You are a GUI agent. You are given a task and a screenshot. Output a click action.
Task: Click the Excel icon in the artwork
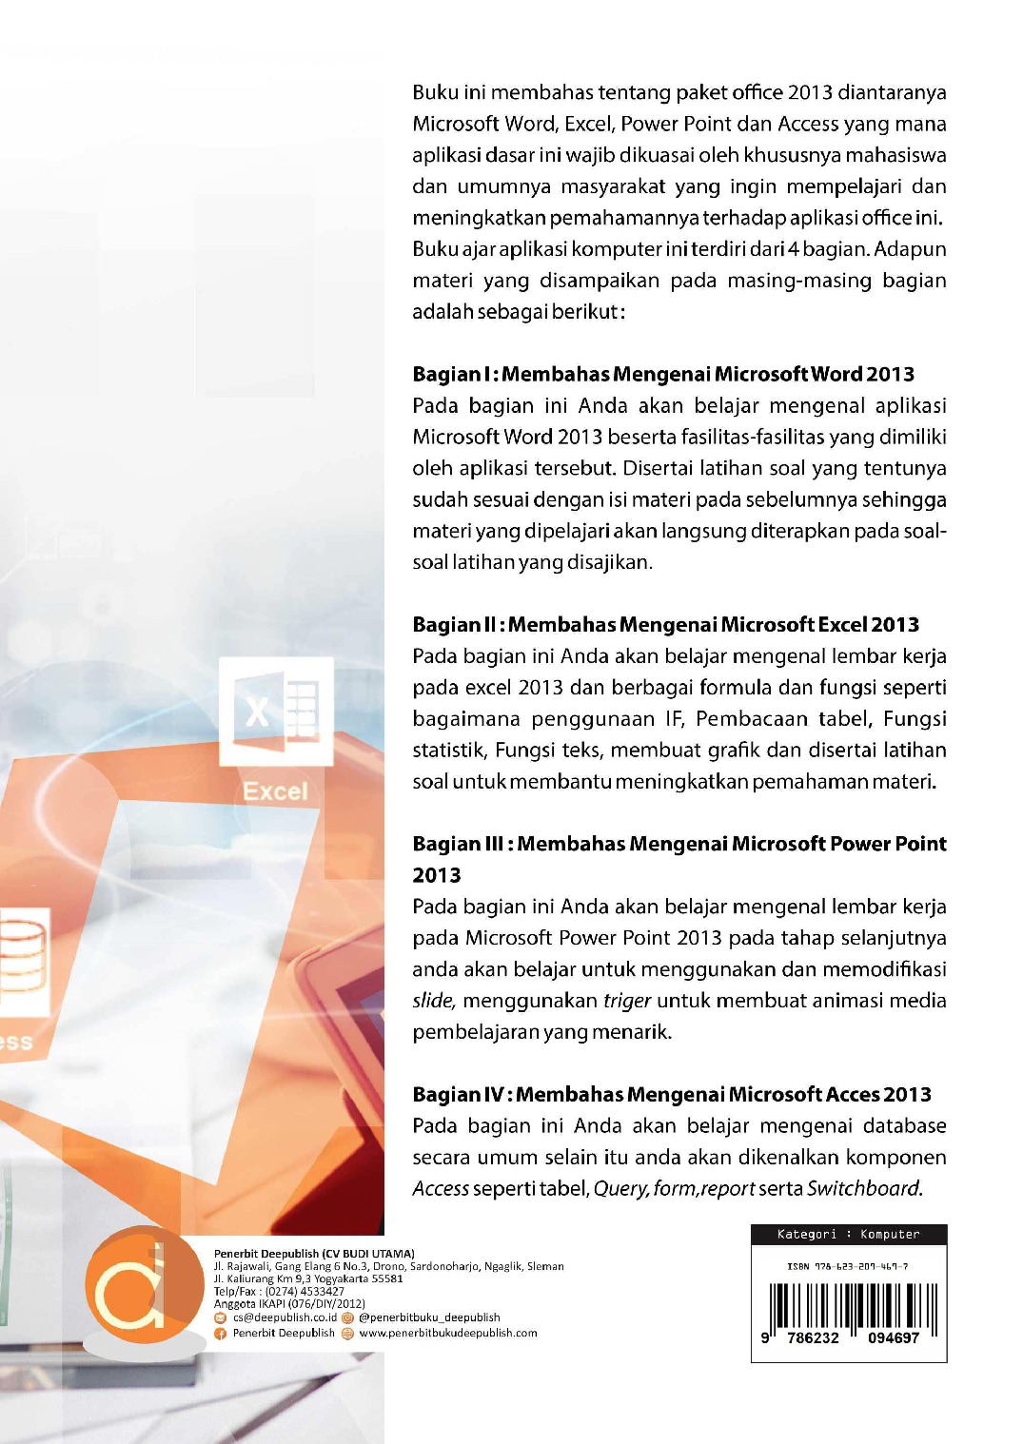pos(276,710)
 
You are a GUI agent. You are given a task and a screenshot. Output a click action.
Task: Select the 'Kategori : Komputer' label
pos(848,1235)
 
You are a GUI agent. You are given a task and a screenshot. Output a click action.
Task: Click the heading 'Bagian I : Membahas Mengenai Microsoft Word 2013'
pos(663,374)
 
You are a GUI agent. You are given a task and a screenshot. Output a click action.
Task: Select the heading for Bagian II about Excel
pos(665,625)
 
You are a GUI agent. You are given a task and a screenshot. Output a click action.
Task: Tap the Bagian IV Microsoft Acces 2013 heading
pos(672,1094)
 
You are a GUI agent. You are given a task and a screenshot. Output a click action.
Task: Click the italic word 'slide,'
pos(434,1001)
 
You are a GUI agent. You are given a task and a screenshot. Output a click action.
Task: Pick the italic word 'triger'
pos(627,1001)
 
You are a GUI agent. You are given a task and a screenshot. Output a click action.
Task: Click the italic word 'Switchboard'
pos(862,1188)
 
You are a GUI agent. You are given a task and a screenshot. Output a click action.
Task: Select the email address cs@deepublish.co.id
pos(285,1317)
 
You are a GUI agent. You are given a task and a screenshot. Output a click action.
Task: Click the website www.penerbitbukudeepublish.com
pos(447,1333)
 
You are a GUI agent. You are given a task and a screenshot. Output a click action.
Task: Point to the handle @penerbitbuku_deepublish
pos(429,1317)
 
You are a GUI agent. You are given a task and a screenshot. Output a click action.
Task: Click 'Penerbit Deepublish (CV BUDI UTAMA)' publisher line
pos(314,1254)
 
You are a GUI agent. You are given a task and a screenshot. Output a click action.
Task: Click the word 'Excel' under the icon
pos(275,791)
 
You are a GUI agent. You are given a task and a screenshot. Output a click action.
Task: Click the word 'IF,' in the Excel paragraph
pos(675,718)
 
